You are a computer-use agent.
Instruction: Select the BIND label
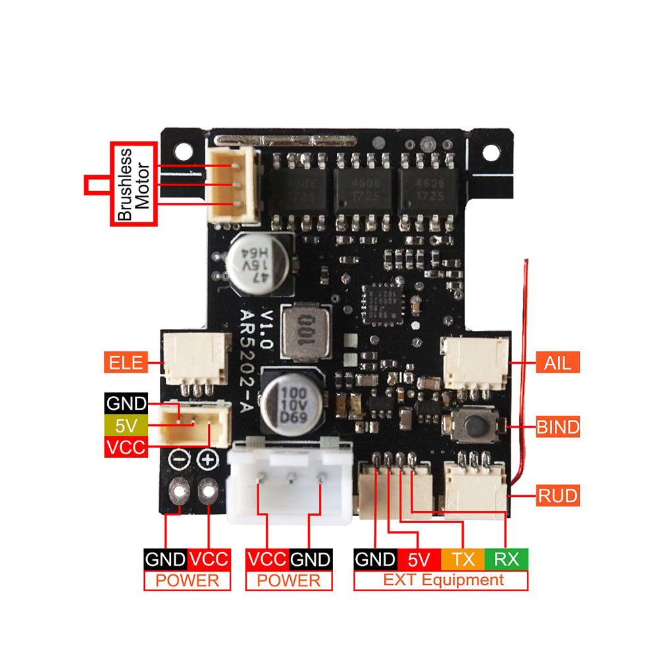(x=557, y=427)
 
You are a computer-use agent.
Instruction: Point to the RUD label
(x=558, y=495)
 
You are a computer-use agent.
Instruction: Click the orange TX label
(x=463, y=559)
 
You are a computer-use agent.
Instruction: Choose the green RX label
(x=506, y=559)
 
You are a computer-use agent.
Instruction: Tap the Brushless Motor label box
(x=134, y=184)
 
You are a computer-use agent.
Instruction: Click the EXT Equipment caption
(x=440, y=580)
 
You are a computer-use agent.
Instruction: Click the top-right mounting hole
(x=490, y=153)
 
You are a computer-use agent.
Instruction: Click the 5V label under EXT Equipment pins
(x=419, y=559)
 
